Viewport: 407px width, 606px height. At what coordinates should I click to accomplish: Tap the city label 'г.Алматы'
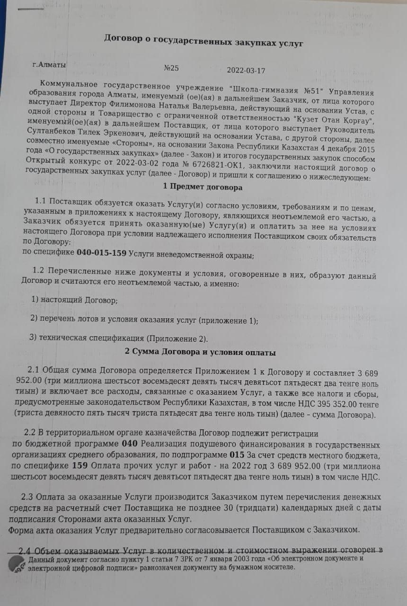pyautogui.click(x=49, y=63)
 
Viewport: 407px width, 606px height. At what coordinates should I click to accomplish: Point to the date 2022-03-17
pyautogui.click(x=246, y=71)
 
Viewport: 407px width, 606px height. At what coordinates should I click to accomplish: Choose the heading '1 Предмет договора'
pyautogui.click(x=203, y=187)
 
